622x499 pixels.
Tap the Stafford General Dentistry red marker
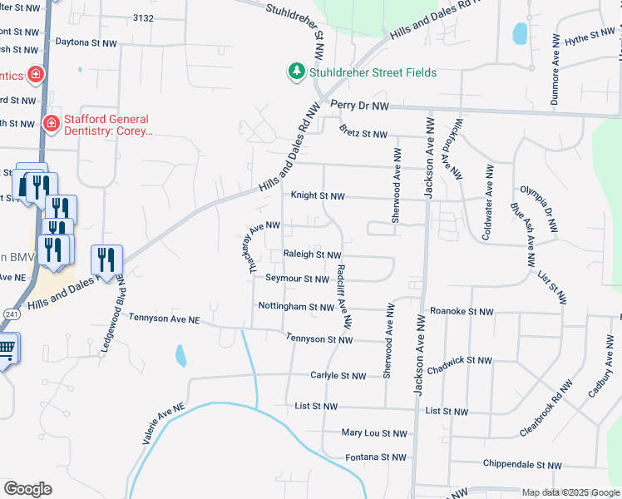[51, 123]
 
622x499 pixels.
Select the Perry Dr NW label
[359, 106]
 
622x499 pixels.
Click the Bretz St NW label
[363, 134]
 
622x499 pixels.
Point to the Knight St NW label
[317, 196]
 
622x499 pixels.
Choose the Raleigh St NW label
[312, 255]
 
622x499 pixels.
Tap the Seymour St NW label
[299, 279]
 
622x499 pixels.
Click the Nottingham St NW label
[296, 307]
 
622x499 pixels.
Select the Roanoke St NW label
[462, 312]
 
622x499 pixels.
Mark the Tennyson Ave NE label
[165, 319]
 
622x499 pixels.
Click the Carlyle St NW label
[338, 376]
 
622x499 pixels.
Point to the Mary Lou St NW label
[375, 433]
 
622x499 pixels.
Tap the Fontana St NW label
[376, 457]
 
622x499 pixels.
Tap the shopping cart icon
[5, 348]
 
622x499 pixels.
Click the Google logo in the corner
[27, 489]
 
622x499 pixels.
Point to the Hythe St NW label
[589, 38]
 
